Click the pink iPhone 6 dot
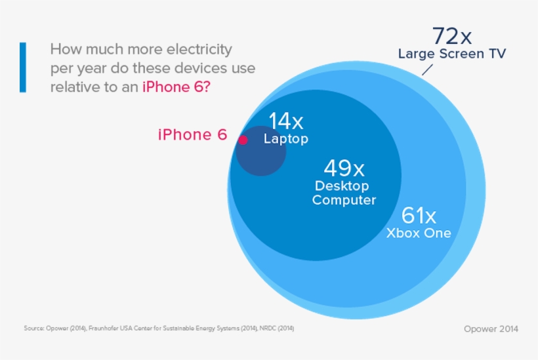243,140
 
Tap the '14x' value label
285,121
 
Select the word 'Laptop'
285,139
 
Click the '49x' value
344,169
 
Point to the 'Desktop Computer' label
344,193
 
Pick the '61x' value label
419,214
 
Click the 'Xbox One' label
419,233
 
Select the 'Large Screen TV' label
452,54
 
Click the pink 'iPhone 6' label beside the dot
192,134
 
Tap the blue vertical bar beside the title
23,68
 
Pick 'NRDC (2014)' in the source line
284,328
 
